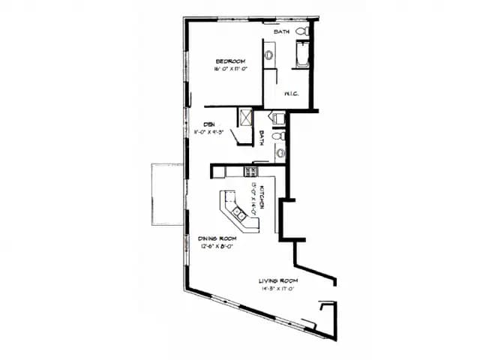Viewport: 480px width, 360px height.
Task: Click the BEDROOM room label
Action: tap(230, 61)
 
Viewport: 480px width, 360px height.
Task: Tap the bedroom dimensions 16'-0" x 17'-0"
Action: tap(230, 69)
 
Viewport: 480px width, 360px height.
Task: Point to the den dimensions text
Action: tap(211, 131)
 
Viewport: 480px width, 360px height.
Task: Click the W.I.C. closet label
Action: tap(292, 94)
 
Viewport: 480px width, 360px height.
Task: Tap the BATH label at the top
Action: tap(282, 31)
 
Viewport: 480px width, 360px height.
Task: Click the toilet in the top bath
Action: tap(301, 32)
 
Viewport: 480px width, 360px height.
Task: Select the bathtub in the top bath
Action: tap(301, 55)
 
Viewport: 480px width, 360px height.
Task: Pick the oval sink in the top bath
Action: tap(268, 55)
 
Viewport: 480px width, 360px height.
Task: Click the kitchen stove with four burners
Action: tap(250, 172)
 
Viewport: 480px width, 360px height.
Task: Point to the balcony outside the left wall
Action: tap(166, 194)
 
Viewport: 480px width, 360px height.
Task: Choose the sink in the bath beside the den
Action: tap(280, 153)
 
